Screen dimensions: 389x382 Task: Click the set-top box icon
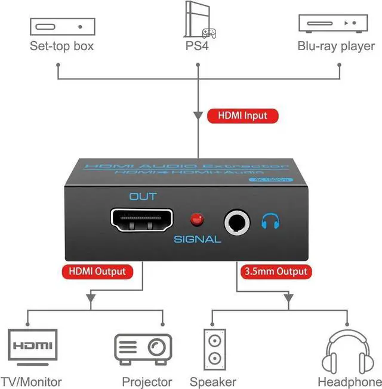coord(62,26)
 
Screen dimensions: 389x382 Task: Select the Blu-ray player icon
coord(332,23)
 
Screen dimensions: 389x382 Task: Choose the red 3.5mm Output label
coord(276,271)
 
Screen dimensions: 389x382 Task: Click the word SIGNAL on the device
coord(197,240)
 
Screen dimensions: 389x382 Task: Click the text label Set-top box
coord(61,47)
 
